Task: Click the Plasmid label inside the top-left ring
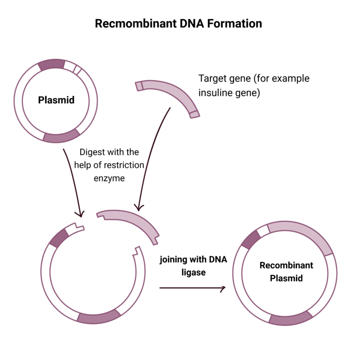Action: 56,100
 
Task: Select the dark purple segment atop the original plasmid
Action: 51,65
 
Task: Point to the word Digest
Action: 92,152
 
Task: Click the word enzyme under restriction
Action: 109,178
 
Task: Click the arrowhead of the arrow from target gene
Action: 138,207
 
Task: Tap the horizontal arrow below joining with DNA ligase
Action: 192,287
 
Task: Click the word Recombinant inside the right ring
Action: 286,265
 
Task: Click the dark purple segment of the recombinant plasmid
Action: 251,239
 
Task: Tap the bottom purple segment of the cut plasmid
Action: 98,317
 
